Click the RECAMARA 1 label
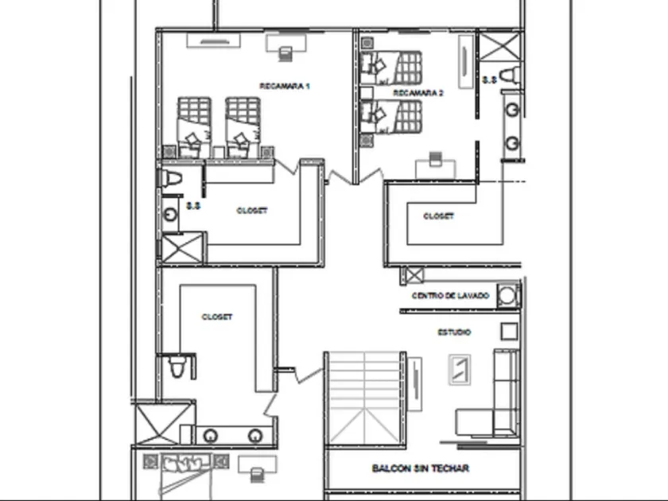tap(284, 85)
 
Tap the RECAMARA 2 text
tap(418, 93)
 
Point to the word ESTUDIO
tap(454, 332)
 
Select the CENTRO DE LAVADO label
tap(451, 296)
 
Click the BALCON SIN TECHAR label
tap(421, 468)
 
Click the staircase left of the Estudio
tap(364, 398)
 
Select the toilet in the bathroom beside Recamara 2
tap(509, 76)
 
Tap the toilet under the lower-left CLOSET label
tap(178, 367)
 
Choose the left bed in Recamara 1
tap(193, 126)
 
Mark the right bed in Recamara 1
tap(243, 126)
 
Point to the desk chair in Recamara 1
tap(285, 53)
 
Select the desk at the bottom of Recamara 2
tap(434, 165)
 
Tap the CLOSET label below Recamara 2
tap(438, 216)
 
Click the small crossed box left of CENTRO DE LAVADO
tap(413, 277)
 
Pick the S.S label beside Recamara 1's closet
tap(193, 206)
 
